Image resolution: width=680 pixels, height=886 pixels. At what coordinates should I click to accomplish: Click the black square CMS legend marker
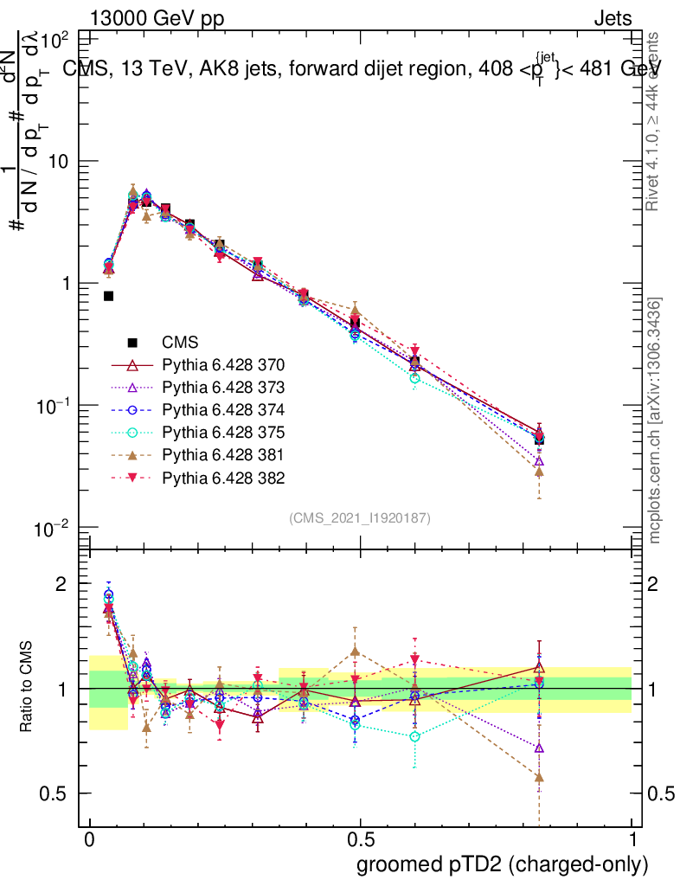pos(131,342)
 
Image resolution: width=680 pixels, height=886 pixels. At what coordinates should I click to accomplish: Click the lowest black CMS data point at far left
pos(108,296)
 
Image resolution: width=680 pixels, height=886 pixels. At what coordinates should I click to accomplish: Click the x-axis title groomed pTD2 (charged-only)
pos(502,864)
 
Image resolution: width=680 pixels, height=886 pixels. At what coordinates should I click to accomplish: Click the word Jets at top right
pos(613,18)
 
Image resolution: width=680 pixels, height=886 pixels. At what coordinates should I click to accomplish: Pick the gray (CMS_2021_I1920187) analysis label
pos(360,517)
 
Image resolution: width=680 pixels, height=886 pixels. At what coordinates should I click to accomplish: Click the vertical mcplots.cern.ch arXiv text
pos(656,421)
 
